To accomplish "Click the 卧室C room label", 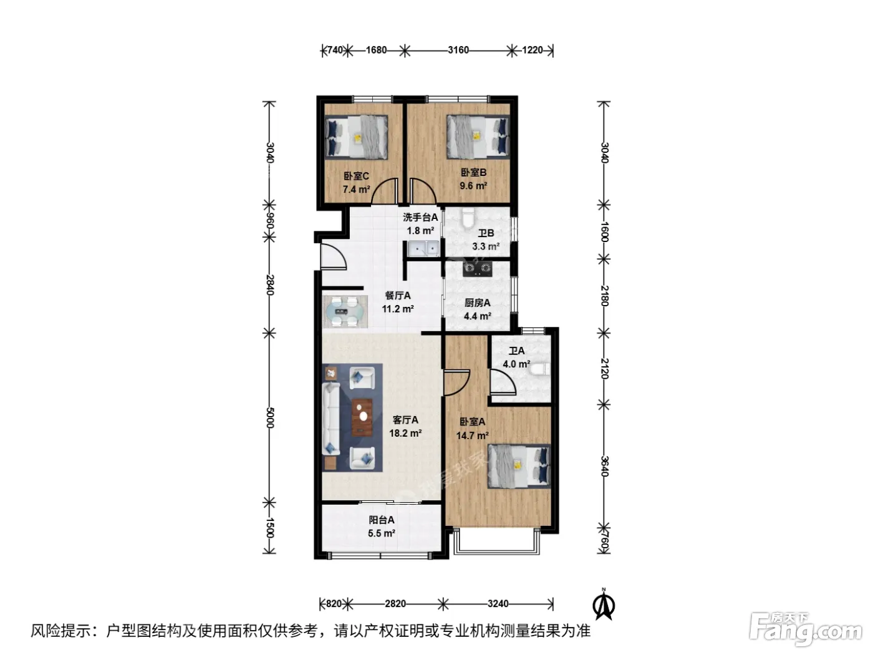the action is [356, 176].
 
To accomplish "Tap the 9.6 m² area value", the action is [473, 186].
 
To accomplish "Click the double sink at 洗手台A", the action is [423, 248].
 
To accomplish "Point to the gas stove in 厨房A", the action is [477, 268].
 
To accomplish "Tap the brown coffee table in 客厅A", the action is [362, 417].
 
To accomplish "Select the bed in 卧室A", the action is [519, 466].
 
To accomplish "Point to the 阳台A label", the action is [382, 520].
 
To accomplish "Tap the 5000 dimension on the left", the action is [270, 417].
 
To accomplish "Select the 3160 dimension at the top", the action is [458, 50].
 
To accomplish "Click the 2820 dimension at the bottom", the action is [395, 604].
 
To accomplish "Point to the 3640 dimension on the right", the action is [604, 466].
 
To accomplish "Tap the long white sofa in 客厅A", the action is [330, 419].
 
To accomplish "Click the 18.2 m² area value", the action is [405, 433].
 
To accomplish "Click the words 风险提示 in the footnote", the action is [61, 631].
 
